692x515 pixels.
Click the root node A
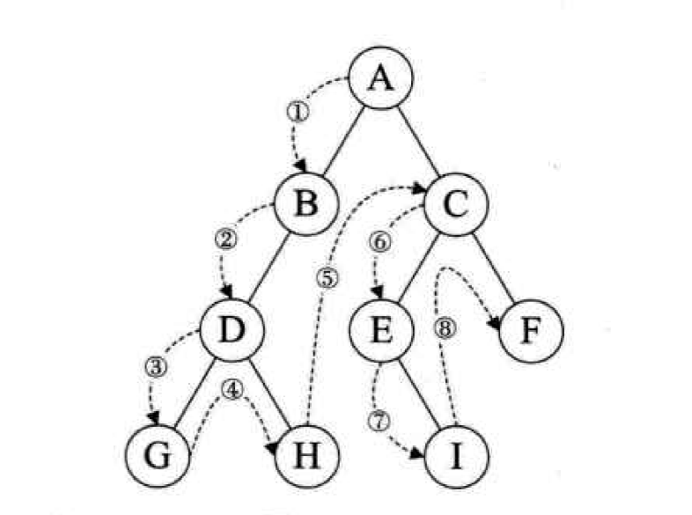379,79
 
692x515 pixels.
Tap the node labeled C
456,205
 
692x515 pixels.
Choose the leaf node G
158,457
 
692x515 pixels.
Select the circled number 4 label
233,388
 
